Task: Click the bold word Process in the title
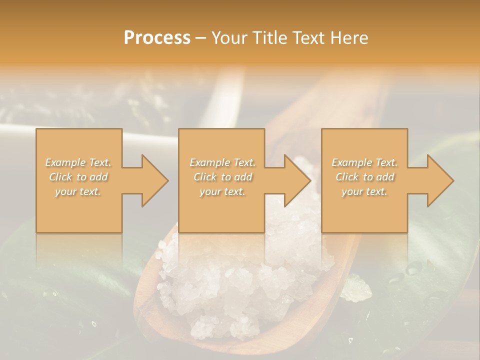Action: [x=157, y=38]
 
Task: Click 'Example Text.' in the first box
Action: [x=78, y=162]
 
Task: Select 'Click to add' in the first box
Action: [x=78, y=177]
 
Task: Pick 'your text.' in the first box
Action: [x=78, y=191]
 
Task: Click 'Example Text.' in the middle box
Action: [x=222, y=162]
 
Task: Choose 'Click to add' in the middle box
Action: [x=222, y=177]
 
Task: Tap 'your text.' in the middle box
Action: [x=222, y=191]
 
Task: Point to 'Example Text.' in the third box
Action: [x=364, y=162]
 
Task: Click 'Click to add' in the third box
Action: [x=364, y=177]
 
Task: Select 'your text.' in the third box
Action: [x=364, y=191]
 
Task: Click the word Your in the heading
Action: [x=230, y=38]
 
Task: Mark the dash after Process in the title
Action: [x=201, y=38]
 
